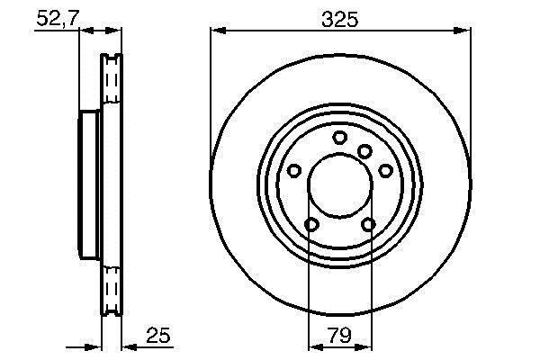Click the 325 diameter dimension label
pyautogui.click(x=340, y=19)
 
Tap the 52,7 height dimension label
pyautogui.click(x=58, y=18)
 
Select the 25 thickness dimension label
pyautogui.click(x=158, y=335)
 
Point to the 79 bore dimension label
pyautogui.click(x=339, y=335)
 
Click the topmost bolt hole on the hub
pyautogui.click(x=339, y=138)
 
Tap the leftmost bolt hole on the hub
pyautogui.click(x=294, y=170)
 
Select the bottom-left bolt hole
pyautogui.click(x=311, y=225)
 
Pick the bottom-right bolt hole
pyautogui.click(x=368, y=225)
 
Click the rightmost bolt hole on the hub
pyautogui.click(x=386, y=170)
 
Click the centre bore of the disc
pyautogui.click(x=340, y=185)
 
